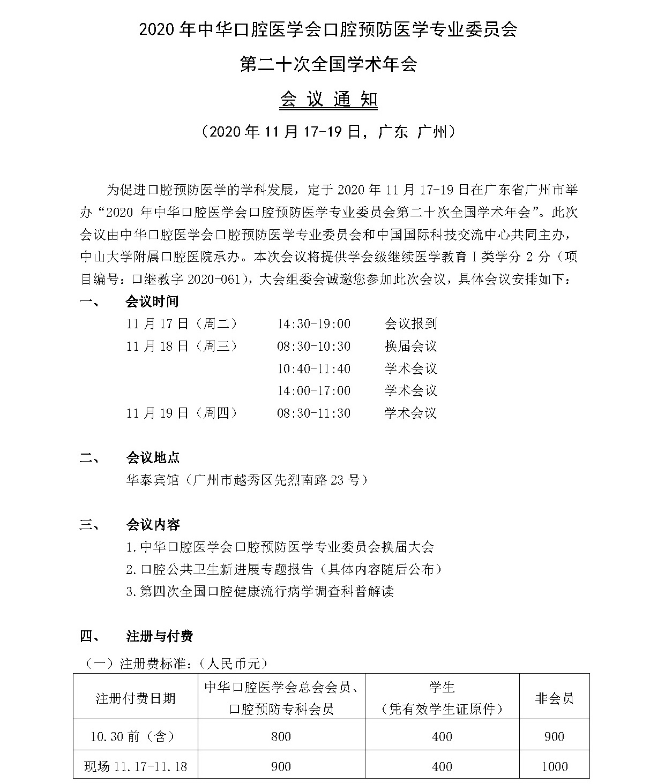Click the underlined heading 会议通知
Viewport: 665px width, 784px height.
[328, 100]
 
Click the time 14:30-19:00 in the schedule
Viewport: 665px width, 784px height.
[313, 324]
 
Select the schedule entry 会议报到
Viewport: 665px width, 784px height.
[410, 323]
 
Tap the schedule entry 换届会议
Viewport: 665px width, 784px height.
[410, 346]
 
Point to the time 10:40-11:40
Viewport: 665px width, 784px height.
[313, 368]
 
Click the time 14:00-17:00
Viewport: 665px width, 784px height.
[313, 391]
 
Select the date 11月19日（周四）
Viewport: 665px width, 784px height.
[182, 413]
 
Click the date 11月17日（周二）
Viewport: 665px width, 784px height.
[182, 323]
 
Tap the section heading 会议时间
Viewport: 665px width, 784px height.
[152, 301]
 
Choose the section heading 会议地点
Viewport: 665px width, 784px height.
[153, 458]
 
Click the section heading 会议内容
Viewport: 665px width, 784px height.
[153, 525]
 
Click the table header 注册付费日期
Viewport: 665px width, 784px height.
[135, 698]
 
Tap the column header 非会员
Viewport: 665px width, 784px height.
[554, 698]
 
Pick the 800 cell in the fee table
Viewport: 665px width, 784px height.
[281, 737]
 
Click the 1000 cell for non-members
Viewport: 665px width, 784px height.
[554, 767]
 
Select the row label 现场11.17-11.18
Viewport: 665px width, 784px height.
[135, 767]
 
